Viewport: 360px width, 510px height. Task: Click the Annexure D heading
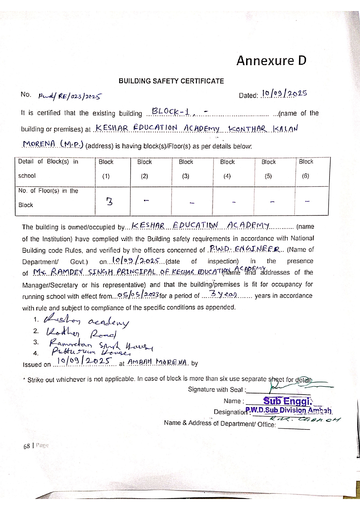pyautogui.click(x=271, y=61)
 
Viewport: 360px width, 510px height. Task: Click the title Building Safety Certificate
pyautogui.click(x=171, y=81)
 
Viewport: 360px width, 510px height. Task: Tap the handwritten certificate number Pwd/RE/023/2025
pyautogui.click(x=70, y=96)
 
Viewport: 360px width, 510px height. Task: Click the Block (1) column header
pyautogui.click(x=106, y=169)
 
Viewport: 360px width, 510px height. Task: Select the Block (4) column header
pyautogui.click(x=227, y=169)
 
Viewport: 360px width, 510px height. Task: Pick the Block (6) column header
pyautogui.click(x=306, y=169)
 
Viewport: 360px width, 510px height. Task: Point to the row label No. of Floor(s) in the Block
pyautogui.click(x=48, y=198)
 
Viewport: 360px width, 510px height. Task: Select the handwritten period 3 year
pyautogui.click(x=224, y=295)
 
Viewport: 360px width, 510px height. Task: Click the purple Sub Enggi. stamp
pyautogui.click(x=287, y=401)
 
